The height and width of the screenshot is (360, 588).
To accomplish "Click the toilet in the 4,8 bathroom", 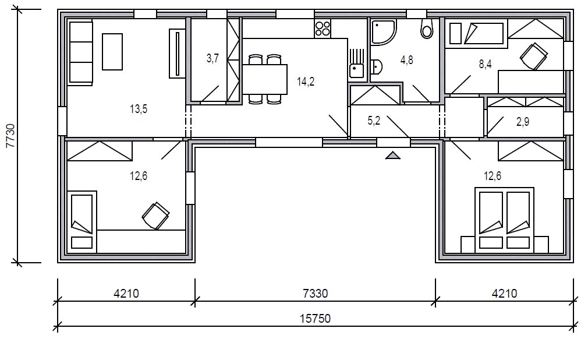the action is (427, 29).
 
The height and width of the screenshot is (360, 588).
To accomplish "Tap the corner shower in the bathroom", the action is (383, 32).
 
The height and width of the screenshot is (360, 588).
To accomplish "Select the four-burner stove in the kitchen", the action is (323, 29).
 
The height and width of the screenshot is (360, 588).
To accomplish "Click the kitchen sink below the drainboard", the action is (356, 70).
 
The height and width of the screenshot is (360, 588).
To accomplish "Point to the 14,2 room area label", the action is (306, 82).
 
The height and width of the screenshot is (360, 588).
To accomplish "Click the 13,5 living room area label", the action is (139, 110).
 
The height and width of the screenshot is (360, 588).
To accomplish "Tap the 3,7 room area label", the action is (212, 59).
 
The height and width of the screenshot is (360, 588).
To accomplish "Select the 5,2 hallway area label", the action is (374, 121).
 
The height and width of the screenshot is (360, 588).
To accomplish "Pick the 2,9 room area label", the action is (523, 122).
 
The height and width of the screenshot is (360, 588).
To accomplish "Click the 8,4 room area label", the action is (486, 64).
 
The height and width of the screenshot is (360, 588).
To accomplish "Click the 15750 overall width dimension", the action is (315, 319).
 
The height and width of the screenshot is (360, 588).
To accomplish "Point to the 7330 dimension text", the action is (315, 293).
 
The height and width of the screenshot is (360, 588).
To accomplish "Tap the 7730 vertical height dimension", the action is (10, 136).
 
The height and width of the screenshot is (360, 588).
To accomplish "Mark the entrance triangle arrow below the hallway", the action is (392, 155).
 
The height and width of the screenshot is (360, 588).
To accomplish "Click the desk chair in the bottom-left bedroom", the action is (155, 216).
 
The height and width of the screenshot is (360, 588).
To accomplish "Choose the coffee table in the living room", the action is (112, 52).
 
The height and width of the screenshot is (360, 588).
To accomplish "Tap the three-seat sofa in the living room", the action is (80, 53).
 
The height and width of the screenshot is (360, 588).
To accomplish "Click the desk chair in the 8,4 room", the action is (533, 57).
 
